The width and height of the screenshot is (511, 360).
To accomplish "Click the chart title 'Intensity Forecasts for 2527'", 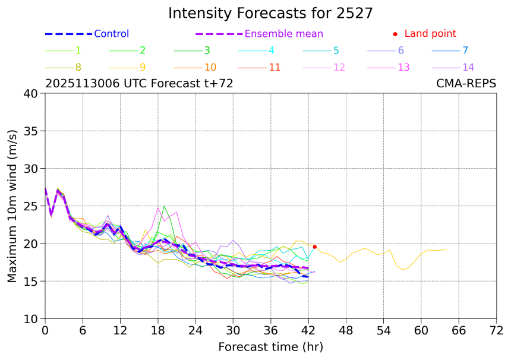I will click(270, 13).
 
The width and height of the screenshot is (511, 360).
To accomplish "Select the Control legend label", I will click(111, 34).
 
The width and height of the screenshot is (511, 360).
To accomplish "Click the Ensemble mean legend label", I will click(284, 34).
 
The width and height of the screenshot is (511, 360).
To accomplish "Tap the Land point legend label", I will click(430, 34).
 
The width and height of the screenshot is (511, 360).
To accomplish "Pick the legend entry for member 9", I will click(143, 67).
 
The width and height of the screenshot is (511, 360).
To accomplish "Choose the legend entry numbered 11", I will click(275, 67).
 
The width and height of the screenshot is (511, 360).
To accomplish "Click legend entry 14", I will click(468, 67).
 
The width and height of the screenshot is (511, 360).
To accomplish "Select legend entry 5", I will click(336, 50).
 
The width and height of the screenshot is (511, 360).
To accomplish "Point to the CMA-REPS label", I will click(466, 84).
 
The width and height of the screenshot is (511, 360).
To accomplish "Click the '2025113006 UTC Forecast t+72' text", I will click(139, 84).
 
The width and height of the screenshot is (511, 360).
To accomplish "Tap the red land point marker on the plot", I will click(315, 247).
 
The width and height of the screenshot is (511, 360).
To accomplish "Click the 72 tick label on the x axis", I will click(497, 330).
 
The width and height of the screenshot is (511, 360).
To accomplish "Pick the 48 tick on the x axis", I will click(346, 330).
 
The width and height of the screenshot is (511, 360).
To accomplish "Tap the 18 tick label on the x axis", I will click(158, 330).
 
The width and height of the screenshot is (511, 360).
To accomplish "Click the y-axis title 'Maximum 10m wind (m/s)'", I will click(12, 206).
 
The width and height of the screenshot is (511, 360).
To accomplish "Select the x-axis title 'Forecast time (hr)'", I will click(270, 347).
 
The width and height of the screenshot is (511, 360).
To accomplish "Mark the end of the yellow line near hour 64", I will click(446, 249).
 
